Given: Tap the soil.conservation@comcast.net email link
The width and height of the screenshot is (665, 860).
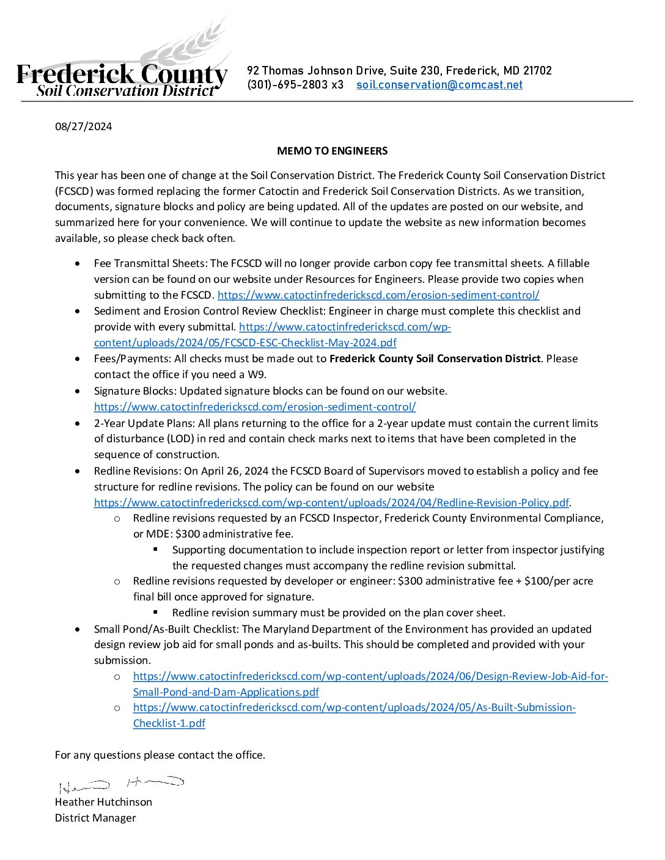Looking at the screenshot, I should (439, 85).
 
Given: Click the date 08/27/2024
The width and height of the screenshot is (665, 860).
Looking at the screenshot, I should (84, 126).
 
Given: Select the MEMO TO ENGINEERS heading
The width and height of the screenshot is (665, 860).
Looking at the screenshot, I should (332, 151).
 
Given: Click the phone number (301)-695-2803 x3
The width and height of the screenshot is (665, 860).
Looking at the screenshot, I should (295, 85).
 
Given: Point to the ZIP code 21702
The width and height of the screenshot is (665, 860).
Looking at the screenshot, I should (537, 71).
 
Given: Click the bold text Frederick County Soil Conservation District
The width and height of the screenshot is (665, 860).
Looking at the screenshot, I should (435, 359).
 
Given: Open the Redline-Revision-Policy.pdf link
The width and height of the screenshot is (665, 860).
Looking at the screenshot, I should (331, 503).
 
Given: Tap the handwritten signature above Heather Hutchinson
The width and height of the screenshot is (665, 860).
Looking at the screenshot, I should (121, 784).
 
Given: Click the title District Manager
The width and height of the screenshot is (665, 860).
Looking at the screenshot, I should (95, 818).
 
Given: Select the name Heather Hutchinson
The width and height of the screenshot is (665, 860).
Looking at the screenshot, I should (103, 802).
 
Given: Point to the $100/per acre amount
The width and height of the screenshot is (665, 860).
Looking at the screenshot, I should (558, 581).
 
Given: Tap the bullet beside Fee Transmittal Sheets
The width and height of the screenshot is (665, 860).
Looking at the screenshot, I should (77, 263).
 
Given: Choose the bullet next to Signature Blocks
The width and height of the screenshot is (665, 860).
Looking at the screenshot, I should (77, 391).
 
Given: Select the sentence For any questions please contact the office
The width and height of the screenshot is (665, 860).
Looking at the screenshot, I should (160, 755).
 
